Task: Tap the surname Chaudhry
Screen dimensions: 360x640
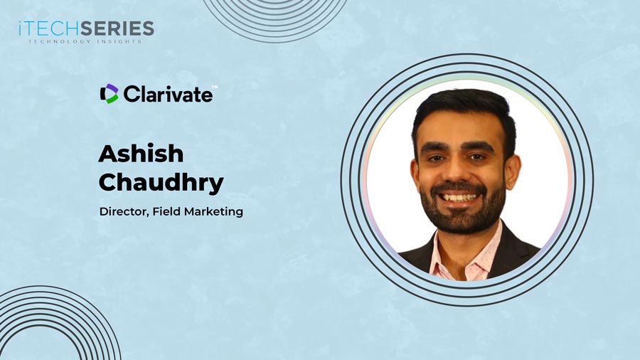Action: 161,182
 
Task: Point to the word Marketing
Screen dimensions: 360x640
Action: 213,211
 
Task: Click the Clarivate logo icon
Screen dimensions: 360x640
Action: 109,93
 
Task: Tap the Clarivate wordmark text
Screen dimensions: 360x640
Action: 167,93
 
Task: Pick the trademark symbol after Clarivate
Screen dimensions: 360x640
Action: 215,87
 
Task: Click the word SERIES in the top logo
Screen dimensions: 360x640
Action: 117,29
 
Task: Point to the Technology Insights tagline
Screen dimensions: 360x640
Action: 85,41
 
